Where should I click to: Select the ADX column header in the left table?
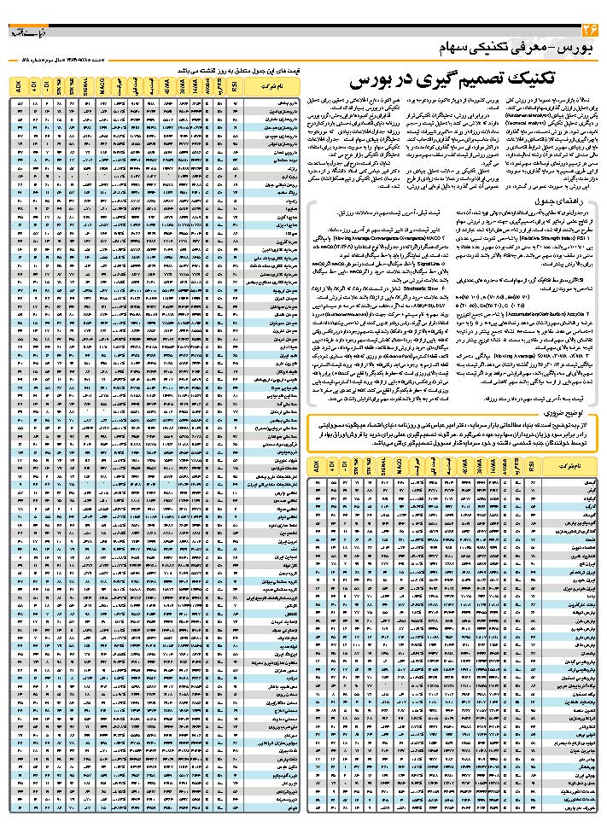[x=19, y=85]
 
